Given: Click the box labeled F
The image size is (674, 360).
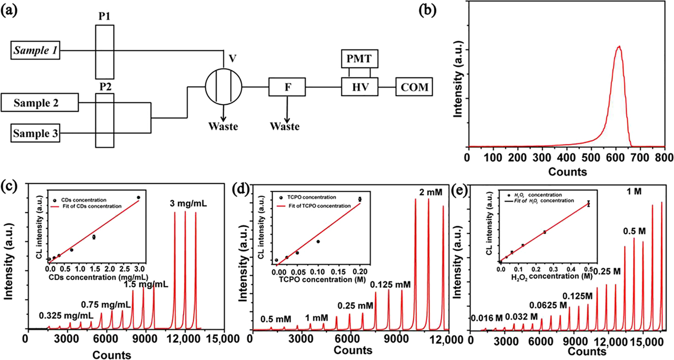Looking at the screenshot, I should tap(288, 88).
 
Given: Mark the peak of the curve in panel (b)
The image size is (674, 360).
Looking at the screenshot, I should tap(619, 47).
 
